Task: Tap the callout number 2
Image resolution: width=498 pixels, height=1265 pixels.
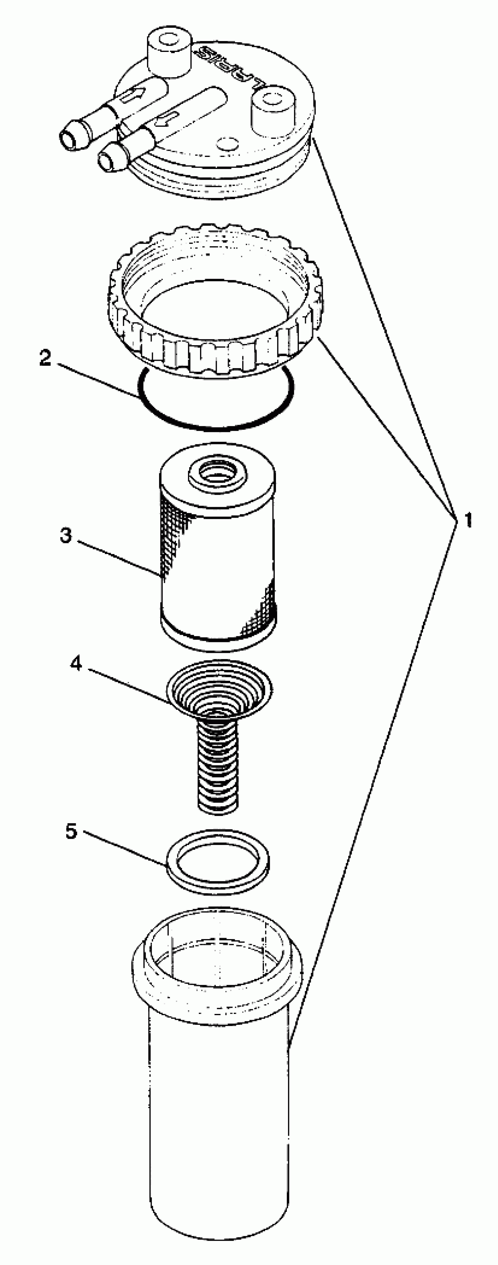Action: [45, 358]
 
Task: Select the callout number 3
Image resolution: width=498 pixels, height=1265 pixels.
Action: [66, 535]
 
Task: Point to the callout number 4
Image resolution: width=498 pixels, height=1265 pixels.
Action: [76, 664]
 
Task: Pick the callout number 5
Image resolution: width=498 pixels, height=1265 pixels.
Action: [72, 832]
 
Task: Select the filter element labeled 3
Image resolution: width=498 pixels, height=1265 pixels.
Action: [217, 565]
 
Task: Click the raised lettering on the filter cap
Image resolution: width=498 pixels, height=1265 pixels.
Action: [231, 66]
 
